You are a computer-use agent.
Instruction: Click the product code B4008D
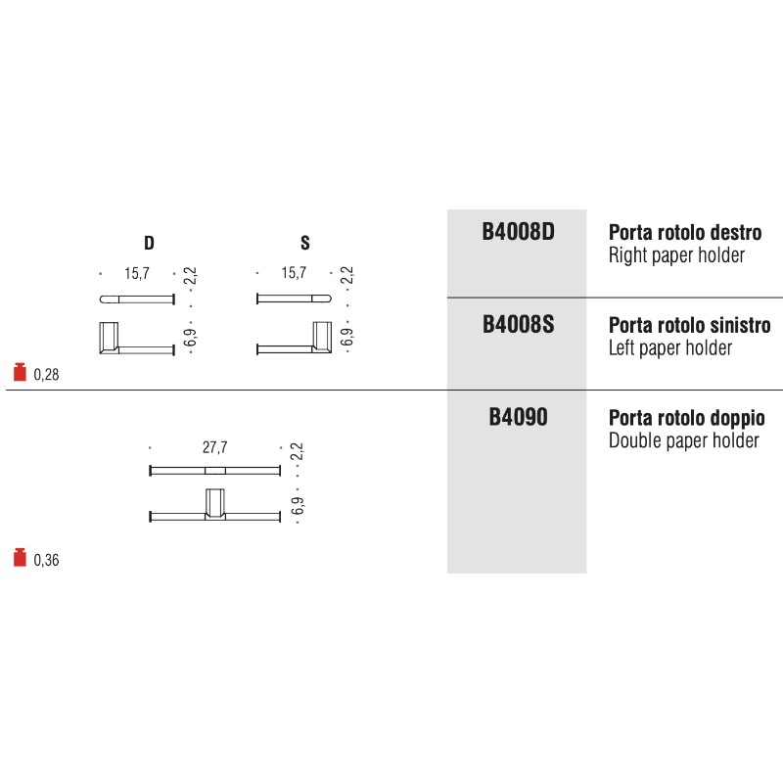point(518,235)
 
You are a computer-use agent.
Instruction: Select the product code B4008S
point(518,325)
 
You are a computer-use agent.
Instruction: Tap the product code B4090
point(518,418)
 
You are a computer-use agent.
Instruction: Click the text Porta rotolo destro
point(685,235)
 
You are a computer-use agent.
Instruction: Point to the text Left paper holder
point(670,348)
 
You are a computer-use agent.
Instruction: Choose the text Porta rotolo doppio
point(687,419)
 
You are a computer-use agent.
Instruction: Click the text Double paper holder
point(684,440)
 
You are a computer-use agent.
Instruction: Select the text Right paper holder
point(676,256)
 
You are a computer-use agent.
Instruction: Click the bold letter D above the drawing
point(149,243)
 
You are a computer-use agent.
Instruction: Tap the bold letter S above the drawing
point(305,243)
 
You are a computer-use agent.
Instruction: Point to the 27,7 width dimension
point(214,448)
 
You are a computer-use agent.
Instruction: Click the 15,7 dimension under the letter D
point(136,274)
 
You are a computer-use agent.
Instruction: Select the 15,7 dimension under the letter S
point(294,274)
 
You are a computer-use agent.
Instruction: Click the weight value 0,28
point(47,374)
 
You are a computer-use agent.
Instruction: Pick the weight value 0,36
point(47,561)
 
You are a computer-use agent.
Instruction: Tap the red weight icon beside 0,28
point(19,372)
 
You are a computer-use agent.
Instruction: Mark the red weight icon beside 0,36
point(19,559)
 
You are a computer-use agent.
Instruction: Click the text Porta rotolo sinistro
point(689,326)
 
